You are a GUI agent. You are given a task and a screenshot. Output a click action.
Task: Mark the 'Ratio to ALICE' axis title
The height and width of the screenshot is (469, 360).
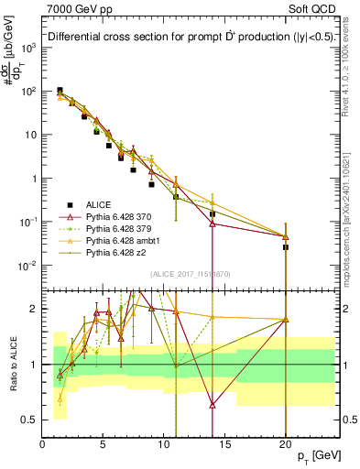(12, 364)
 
